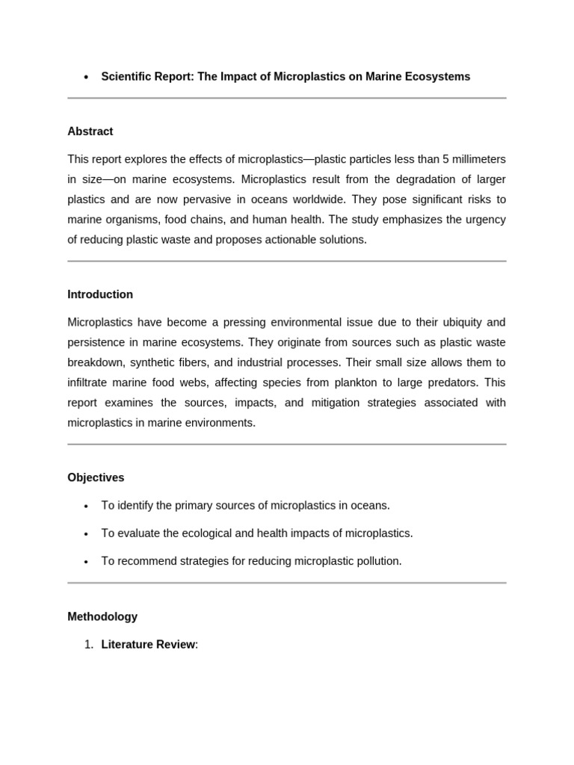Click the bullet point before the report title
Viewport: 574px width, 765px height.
(x=86, y=77)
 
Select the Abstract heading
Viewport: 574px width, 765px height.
(x=90, y=131)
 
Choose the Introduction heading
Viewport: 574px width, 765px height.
(x=100, y=294)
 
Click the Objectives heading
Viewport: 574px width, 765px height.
(x=96, y=477)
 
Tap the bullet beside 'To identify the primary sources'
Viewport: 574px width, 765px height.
(x=86, y=506)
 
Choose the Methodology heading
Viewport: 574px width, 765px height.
(x=102, y=617)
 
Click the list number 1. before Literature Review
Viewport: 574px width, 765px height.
(x=88, y=645)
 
